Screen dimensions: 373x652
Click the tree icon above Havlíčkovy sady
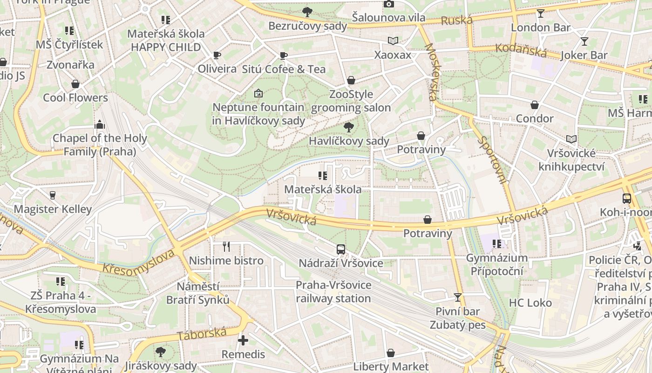coord(348,127)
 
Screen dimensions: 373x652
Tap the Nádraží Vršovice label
coord(341,263)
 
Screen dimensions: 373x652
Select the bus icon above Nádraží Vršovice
coord(341,249)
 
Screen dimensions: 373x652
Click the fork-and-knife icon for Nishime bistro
coord(226,246)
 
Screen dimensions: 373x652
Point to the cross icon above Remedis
coord(243,340)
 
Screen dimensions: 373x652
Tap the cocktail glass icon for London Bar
coord(540,14)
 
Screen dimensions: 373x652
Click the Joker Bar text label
coord(584,55)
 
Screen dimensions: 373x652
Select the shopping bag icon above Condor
coord(535,105)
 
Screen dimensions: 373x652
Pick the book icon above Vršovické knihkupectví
coord(571,139)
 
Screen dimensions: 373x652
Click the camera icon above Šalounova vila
coord(388,4)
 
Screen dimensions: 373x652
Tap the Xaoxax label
coord(393,55)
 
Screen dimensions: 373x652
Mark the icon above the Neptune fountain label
coord(258,93)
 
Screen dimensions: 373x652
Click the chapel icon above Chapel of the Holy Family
coord(99,124)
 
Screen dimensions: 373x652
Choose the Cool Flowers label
coord(75,97)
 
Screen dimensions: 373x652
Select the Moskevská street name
coord(431,72)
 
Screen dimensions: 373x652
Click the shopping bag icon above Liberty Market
coord(391,353)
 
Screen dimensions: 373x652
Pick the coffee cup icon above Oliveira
coord(217,55)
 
